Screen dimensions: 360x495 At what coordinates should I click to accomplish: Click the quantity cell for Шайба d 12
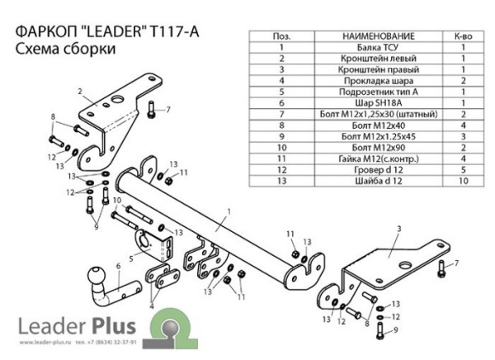[464, 178]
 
